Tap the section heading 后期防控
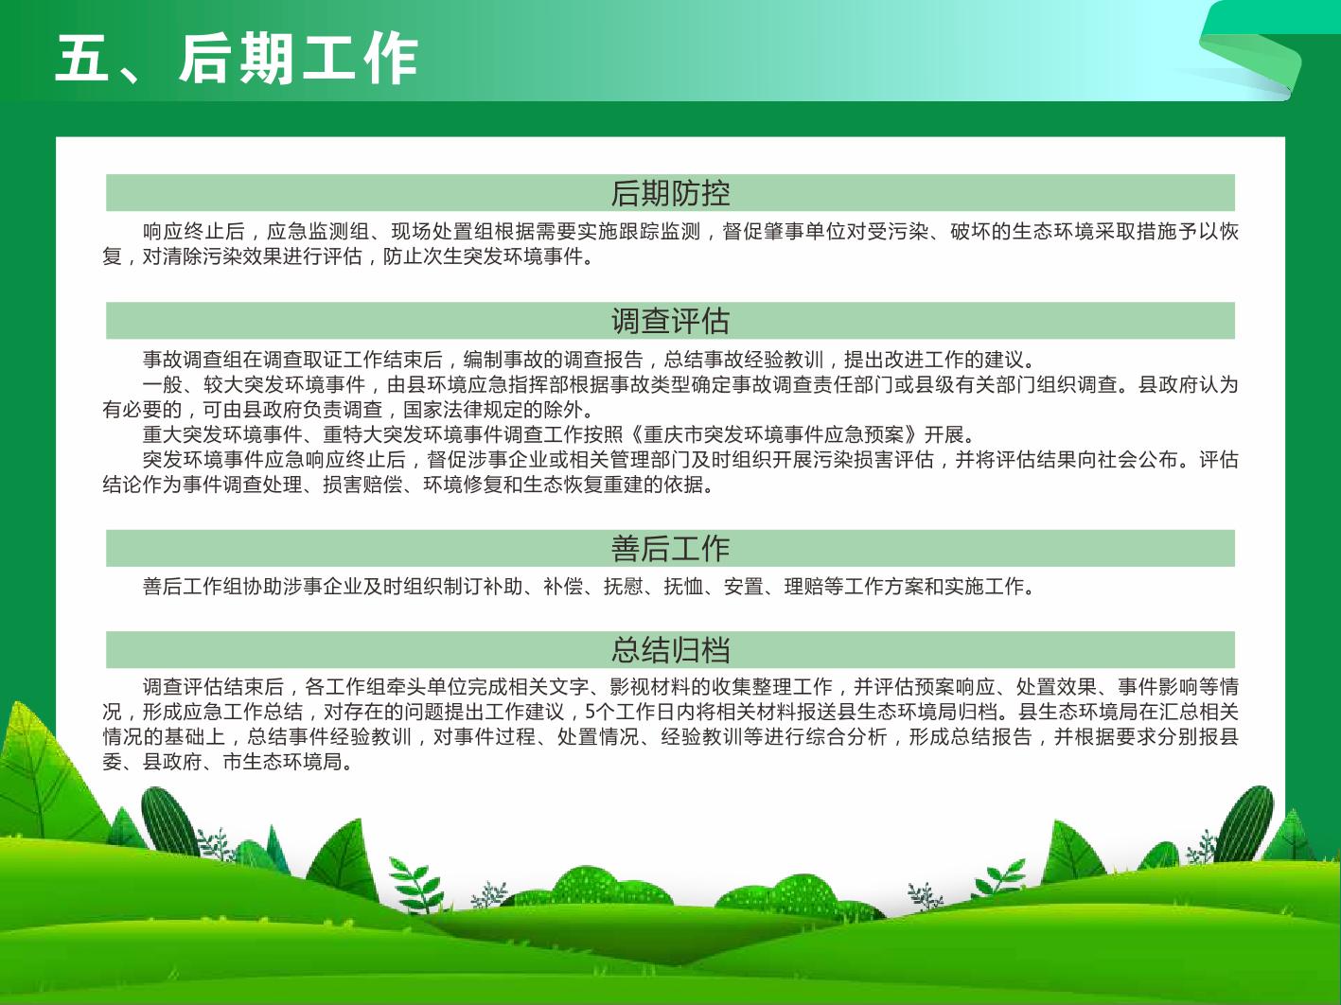[x=670, y=193]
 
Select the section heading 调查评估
[x=670, y=321]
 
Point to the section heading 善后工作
[x=670, y=548]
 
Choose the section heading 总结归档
[x=670, y=649]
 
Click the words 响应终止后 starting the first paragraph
[x=194, y=232]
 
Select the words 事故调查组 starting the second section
[x=194, y=360]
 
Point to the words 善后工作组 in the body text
[x=194, y=587]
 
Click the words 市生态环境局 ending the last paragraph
[x=282, y=762]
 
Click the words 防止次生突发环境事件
[x=483, y=256]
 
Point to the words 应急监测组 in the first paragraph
[x=318, y=232]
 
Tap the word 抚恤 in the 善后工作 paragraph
[x=683, y=587]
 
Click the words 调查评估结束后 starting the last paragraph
[x=213, y=687]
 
